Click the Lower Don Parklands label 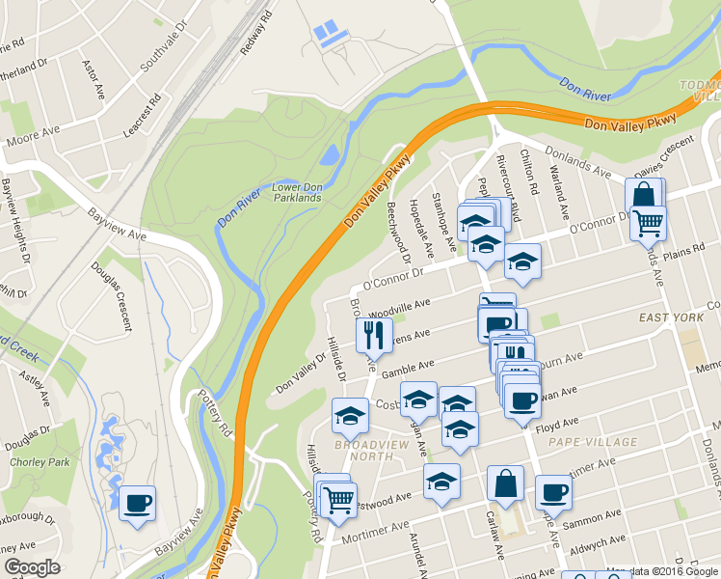pos(296,192)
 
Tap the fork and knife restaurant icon pos(373,335)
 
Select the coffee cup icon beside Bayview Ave pos(137,502)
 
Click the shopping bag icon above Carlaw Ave pos(504,482)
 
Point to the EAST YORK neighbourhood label pos(672,317)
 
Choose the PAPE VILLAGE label pos(592,442)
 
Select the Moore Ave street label pos(34,135)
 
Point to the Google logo pos(32,568)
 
